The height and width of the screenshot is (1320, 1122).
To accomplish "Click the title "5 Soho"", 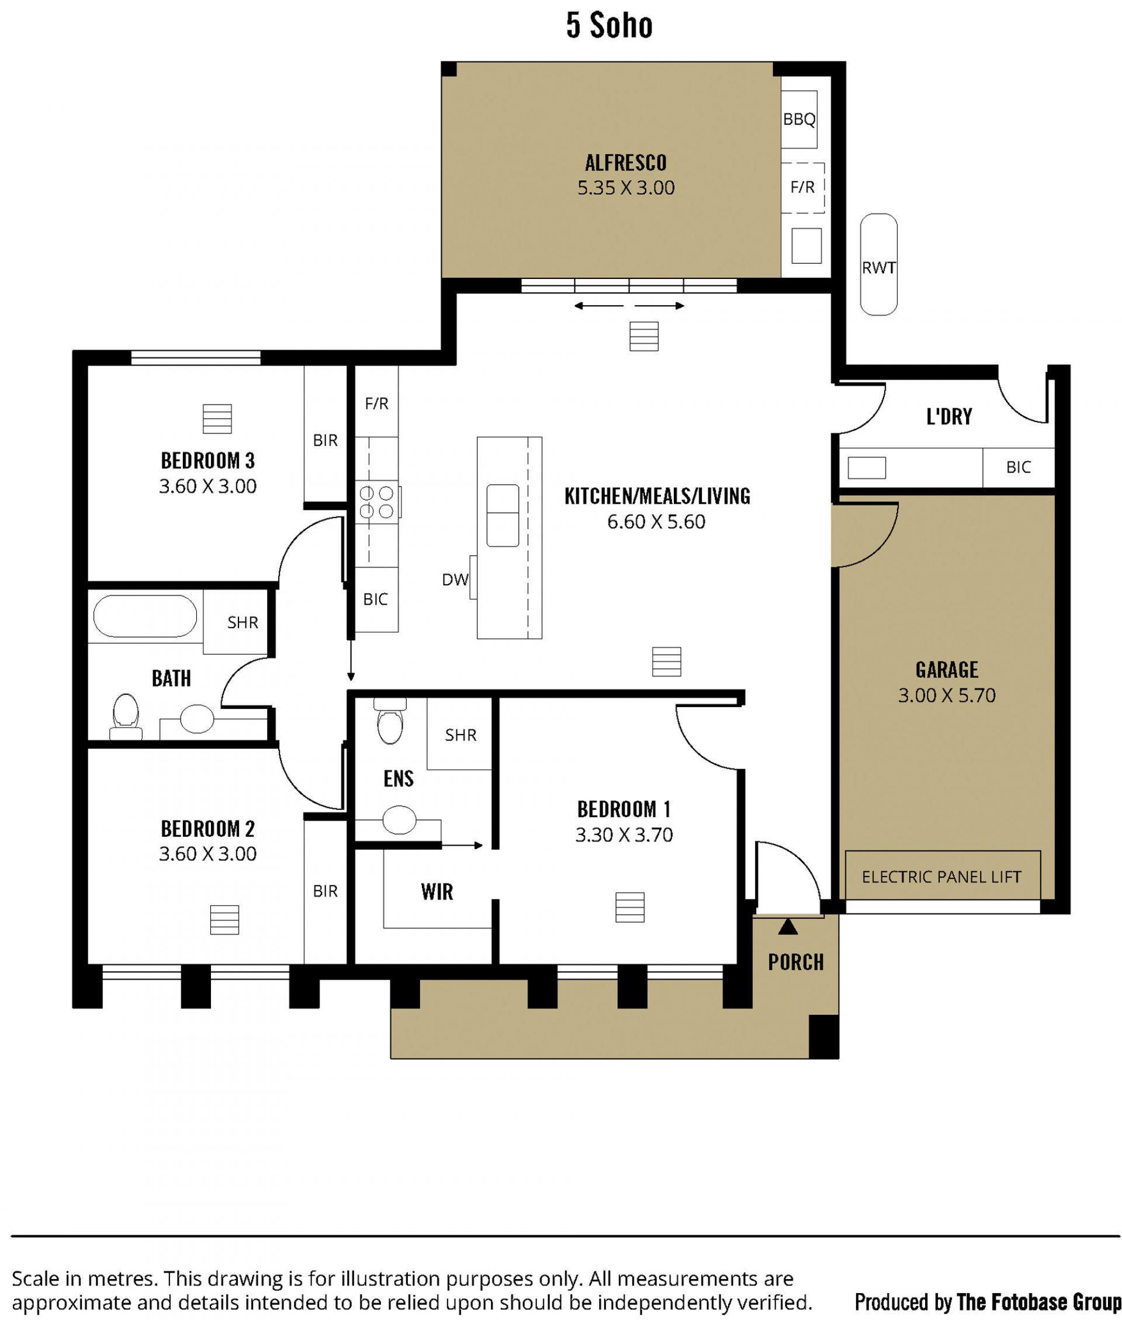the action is click(x=610, y=26).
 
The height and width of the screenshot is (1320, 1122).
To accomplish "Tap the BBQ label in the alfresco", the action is click(x=799, y=119).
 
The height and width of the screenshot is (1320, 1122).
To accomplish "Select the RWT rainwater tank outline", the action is click(x=878, y=264).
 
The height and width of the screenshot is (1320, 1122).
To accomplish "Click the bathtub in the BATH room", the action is click(x=145, y=616).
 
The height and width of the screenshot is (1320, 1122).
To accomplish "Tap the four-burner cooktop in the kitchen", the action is click(x=377, y=502).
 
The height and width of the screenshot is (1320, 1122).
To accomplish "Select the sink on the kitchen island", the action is click(x=503, y=515).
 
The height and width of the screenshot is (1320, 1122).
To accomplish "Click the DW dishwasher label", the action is click(x=455, y=579).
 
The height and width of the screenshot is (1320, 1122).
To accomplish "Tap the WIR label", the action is click(x=437, y=892).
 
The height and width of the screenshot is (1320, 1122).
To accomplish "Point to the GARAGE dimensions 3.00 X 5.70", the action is click(x=947, y=695).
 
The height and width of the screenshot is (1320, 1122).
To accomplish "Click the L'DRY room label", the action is click(x=949, y=417).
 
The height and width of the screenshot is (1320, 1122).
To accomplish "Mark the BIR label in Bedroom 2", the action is click(x=325, y=891).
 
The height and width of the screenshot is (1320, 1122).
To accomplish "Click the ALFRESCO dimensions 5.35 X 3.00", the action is click(x=626, y=188).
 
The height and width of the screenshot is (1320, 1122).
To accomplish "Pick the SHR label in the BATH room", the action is click(x=243, y=622).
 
